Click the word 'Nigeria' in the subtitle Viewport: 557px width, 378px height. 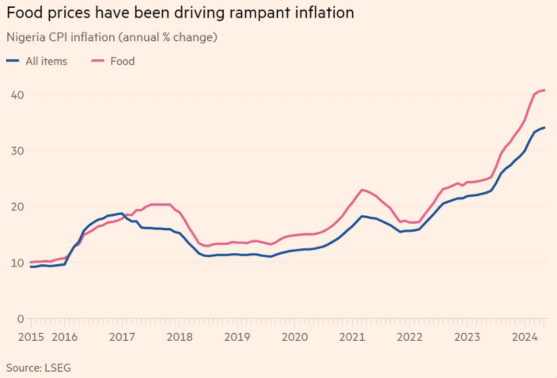click(x=26, y=37)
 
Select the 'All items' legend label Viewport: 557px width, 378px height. click(x=46, y=61)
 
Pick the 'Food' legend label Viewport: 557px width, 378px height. click(x=123, y=61)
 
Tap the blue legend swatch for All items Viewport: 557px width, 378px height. click(x=13, y=61)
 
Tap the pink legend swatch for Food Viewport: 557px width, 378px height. click(x=97, y=61)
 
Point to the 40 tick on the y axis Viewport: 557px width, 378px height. click(x=17, y=95)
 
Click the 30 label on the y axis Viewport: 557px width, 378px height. click(x=17, y=151)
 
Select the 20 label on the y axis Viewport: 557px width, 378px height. click(x=17, y=206)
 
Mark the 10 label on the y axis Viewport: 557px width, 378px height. click(x=17, y=263)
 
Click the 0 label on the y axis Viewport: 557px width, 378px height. click(x=21, y=319)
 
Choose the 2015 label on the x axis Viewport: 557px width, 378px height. click(x=31, y=337)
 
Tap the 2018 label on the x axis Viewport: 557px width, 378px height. click(x=180, y=337)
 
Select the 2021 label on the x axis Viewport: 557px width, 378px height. click(x=352, y=337)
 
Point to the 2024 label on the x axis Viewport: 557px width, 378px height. click(x=525, y=337)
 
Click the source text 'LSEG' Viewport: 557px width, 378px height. click(x=58, y=368)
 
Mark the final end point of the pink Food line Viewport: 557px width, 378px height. click(x=545, y=90)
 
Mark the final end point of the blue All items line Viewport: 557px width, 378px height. click(x=545, y=127)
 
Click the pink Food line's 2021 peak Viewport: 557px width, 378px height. click(x=362, y=190)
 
